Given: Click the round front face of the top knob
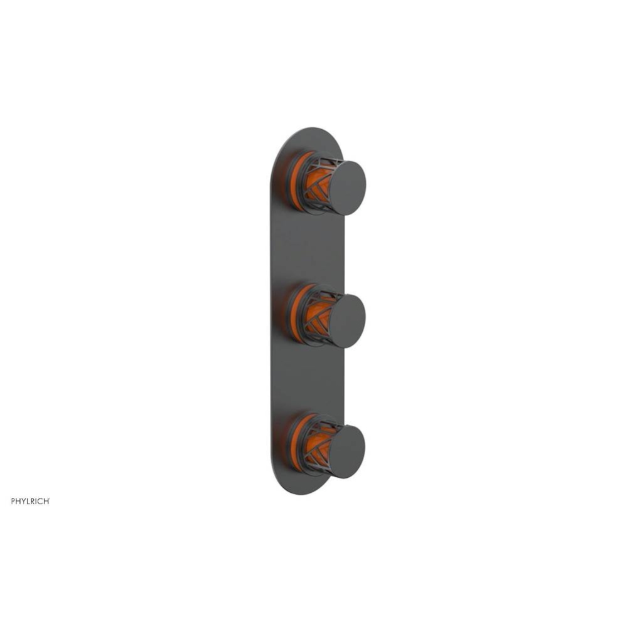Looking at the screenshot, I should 348,187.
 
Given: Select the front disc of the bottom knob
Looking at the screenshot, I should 347,451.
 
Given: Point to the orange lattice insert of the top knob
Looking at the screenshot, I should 316,186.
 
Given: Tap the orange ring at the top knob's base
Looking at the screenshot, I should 294,182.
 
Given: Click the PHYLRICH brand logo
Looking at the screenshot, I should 30,500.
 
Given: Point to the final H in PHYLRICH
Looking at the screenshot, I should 46,500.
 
